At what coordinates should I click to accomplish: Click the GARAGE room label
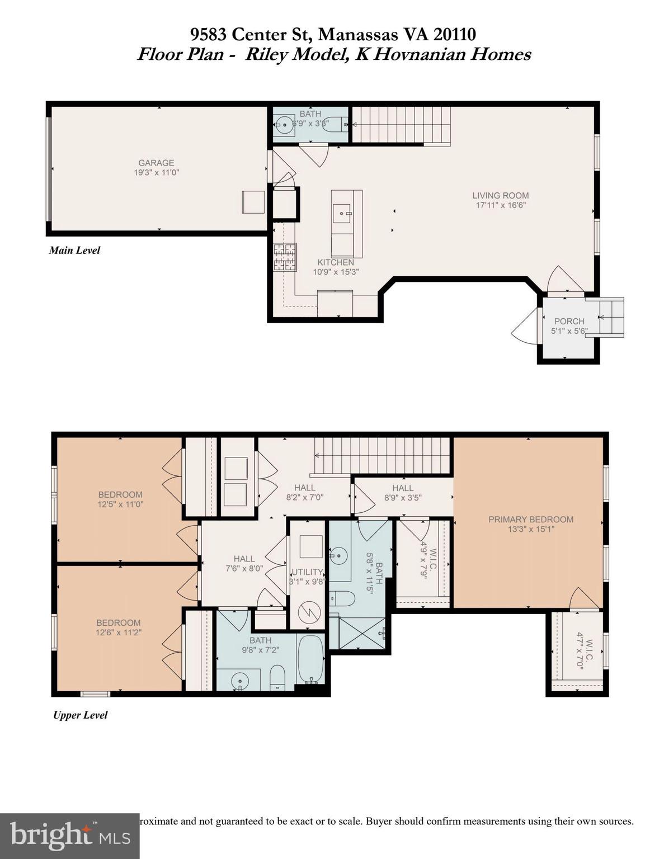coord(156,163)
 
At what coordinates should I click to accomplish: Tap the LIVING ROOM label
coord(500,196)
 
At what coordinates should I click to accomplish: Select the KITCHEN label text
coord(336,262)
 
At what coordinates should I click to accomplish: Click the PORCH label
coord(569,322)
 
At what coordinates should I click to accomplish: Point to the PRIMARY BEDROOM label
coord(530,520)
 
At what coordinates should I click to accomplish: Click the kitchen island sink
coord(341,213)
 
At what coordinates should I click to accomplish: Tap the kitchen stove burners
coord(285,257)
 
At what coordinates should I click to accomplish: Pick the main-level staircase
coord(401,125)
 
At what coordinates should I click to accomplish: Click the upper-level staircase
coord(383,455)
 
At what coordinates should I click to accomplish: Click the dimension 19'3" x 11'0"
coord(156,173)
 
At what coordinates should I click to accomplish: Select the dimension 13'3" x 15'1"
coord(530,529)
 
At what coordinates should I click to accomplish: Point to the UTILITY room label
coord(307,572)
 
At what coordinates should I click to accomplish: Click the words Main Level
coord(74,251)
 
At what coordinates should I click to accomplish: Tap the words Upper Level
coord(80,715)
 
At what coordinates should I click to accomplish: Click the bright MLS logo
coord(69,836)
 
